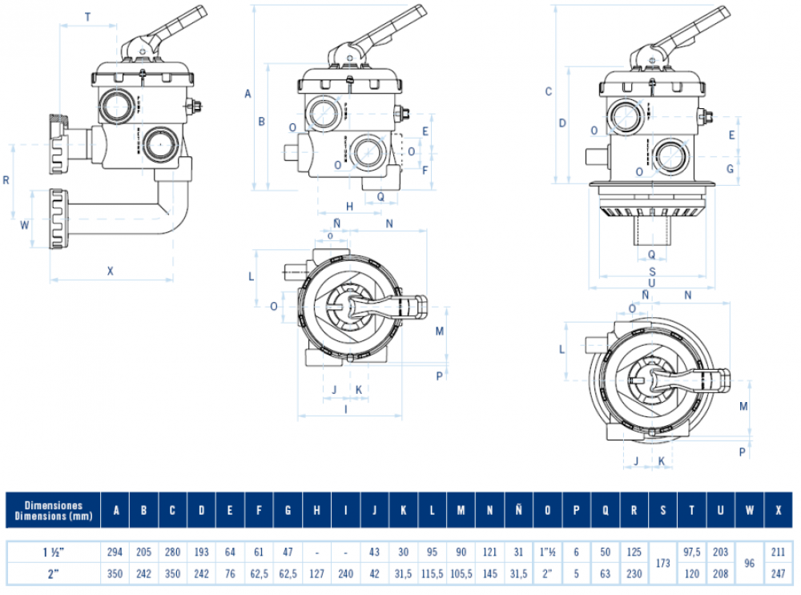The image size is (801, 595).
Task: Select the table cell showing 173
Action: [662, 563]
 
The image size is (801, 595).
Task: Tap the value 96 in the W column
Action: [749, 563]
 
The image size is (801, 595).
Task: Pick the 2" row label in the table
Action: [53, 574]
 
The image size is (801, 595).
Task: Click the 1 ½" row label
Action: [53, 552]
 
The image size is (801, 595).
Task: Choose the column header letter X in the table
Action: [778, 511]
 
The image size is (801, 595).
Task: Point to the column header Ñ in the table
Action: [518, 511]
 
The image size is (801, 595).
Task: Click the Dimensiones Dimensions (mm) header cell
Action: [53, 511]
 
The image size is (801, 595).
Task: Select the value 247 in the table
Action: [778, 574]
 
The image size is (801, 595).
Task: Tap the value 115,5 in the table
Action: [432, 574]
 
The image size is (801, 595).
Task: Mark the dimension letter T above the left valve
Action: [87, 16]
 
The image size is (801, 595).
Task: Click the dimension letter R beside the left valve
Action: [6, 180]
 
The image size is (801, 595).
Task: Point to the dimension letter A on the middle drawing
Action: [248, 94]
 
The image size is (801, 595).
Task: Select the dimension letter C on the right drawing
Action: [549, 91]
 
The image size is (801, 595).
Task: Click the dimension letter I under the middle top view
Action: [345, 409]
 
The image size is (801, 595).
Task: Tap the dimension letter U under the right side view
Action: [652, 281]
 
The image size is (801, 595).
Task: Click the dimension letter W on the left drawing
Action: [24, 225]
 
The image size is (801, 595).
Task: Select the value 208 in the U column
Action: [720, 574]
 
